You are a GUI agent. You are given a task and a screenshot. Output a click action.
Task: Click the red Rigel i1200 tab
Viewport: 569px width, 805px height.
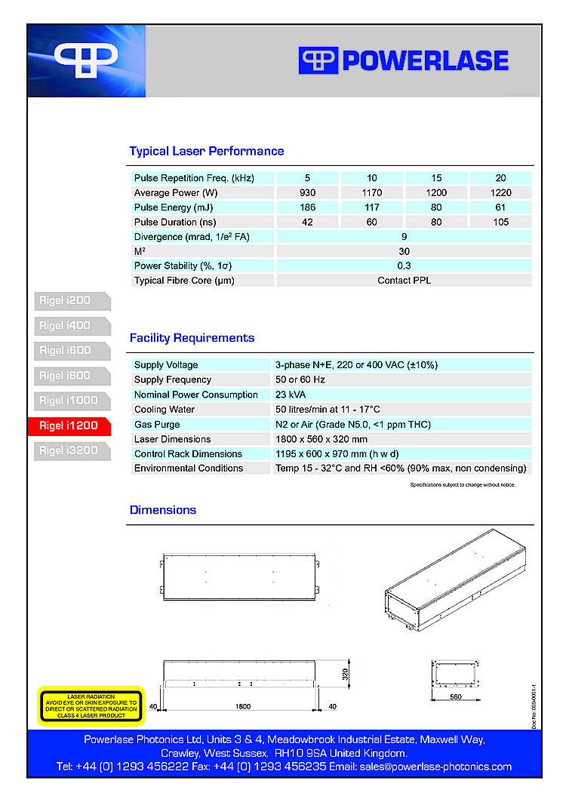pyautogui.click(x=69, y=426)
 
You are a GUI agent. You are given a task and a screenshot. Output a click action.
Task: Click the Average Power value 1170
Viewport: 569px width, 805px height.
pyautogui.click(x=372, y=193)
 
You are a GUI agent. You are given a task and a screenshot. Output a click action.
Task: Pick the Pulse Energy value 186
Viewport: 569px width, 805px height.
pyautogui.click(x=307, y=207)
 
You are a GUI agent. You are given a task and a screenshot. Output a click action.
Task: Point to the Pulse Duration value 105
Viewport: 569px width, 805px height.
pyautogui.click(x=500, y=223)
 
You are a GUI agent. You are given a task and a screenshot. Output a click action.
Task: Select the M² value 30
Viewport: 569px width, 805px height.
pyautogui.click(x=404, y=251)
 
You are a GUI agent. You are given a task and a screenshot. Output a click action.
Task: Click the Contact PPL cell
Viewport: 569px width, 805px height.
pyautogui.click(x=404, y=281)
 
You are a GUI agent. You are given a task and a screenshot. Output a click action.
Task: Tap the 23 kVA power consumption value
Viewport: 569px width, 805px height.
pyautogui.click(x=291, y=395)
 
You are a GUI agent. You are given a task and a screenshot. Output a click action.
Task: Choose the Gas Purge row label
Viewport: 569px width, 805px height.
pyautogui.click(x=157, y=425)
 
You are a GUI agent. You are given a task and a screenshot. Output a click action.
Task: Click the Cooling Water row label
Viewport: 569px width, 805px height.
pyautogui.click(x=165, y=410)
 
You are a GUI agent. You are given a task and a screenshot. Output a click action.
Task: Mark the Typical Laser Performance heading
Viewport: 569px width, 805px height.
pyautogui.click(x=207, y=152)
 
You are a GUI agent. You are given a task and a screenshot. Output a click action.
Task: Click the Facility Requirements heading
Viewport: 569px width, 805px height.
pyautogui.click(x=192, y=338)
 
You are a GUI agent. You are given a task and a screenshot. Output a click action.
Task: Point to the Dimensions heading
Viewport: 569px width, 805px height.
pyautogui.click(x=163, y=510)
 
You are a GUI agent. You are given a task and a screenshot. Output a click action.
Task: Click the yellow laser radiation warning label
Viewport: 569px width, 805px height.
pyautogui.click(x=91, y=705)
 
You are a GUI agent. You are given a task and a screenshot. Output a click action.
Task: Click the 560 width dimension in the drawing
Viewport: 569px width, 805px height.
pyautogui.click(x=456, y=697)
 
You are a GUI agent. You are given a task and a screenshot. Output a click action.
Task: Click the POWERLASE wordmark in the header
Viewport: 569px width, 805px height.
pyautogui.click(x=425, y=60)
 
